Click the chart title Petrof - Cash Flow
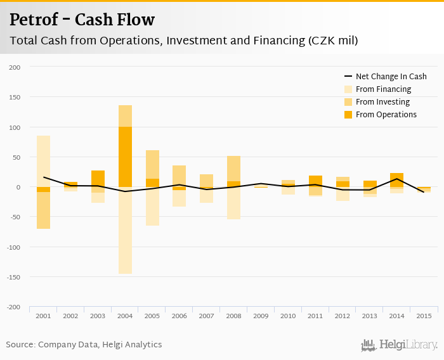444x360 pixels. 82,20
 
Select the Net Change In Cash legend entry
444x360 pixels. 391,77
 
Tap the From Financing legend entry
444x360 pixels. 383,89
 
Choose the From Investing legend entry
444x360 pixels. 382,102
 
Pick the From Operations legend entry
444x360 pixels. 386,115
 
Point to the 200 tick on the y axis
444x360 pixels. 15,67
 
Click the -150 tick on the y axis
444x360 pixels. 14,277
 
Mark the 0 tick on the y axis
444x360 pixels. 18,187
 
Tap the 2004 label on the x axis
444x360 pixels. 125,316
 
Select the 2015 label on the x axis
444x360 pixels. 424,316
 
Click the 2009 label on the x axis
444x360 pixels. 261,316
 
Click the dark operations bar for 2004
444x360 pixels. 125,157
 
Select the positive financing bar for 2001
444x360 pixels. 43,161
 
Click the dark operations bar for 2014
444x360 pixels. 397,179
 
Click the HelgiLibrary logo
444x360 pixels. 399,345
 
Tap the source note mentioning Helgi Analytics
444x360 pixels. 84,345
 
